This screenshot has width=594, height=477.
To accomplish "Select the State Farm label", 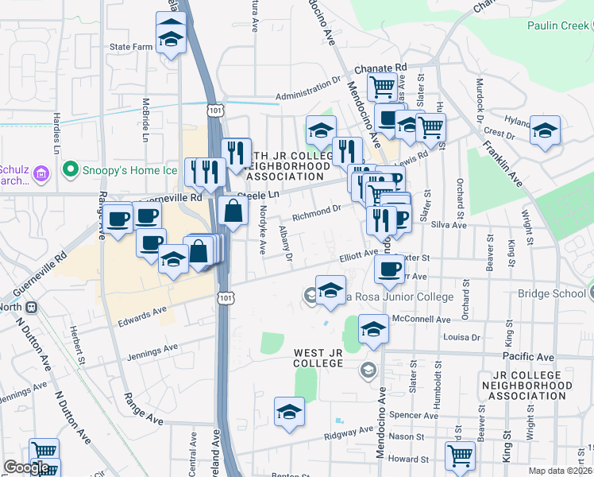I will point(130,47).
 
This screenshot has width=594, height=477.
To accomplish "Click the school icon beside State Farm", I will point(171,38).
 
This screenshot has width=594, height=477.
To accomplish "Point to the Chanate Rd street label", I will point(380,68).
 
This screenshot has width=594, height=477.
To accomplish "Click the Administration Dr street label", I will point(308,89).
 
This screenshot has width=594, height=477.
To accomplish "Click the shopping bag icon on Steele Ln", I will point(233,211).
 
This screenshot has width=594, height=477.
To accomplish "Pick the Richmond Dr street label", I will point(316,209).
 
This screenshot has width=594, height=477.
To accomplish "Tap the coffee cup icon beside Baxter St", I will point(388,269).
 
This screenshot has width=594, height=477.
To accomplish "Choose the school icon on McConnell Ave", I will point(373,328).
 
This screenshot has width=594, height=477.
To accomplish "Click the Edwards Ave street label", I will point(143,315).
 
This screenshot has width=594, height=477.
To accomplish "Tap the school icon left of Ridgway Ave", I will point(289,412).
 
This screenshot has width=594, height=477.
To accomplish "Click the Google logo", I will point(26,467).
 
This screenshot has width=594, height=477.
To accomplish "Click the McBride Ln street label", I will point(146,116).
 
